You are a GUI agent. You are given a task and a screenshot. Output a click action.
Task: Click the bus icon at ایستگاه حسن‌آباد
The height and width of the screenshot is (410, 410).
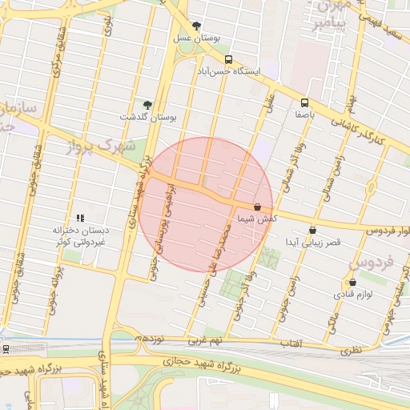pyautogui.click(x=229, y=60)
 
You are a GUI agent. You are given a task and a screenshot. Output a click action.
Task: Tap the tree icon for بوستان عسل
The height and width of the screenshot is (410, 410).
pyautogui.click(x=196, y=26)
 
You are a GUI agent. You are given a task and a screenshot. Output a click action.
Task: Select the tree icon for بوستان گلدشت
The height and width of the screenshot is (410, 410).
pyautogui.click(x=147, y=105)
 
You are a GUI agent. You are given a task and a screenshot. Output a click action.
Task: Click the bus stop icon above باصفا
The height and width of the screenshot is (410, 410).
pyautogui.click(x=304, y=102)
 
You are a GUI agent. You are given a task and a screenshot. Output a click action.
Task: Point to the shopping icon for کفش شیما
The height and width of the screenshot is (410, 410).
pyautogui.click(x=257, y=207)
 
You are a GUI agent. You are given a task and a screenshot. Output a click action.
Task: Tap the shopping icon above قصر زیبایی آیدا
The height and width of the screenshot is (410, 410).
pyautogui.click(x=312, y=230)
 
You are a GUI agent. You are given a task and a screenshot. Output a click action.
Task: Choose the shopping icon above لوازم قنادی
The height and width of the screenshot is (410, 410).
pyautogui.click(x=352, y=282)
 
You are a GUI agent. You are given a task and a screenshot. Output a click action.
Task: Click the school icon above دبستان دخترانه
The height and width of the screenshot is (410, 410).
pyautogui.click(x=80, y=218)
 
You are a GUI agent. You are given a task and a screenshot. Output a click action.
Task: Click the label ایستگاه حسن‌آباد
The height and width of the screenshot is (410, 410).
pyautogui.click(x=230, y=71)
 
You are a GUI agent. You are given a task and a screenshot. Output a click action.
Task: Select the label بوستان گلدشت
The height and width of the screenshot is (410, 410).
pyautogui.click(x=147, y=117)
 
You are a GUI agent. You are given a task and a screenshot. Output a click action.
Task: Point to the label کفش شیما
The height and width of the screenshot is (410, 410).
pyautogui.click(x=257, y=218)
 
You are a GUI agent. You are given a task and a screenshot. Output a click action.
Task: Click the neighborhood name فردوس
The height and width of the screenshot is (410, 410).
pyautogui.click(x=372, y=262)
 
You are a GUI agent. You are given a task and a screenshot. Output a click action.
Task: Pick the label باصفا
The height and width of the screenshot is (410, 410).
pyautogui.click(x=304, y=115)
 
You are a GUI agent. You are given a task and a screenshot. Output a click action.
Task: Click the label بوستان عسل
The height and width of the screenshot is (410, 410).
pyautogui.click(x=197, y=38)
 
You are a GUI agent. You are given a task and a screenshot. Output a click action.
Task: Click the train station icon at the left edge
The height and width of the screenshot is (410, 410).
pyautogui.click(x=6, y=349)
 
